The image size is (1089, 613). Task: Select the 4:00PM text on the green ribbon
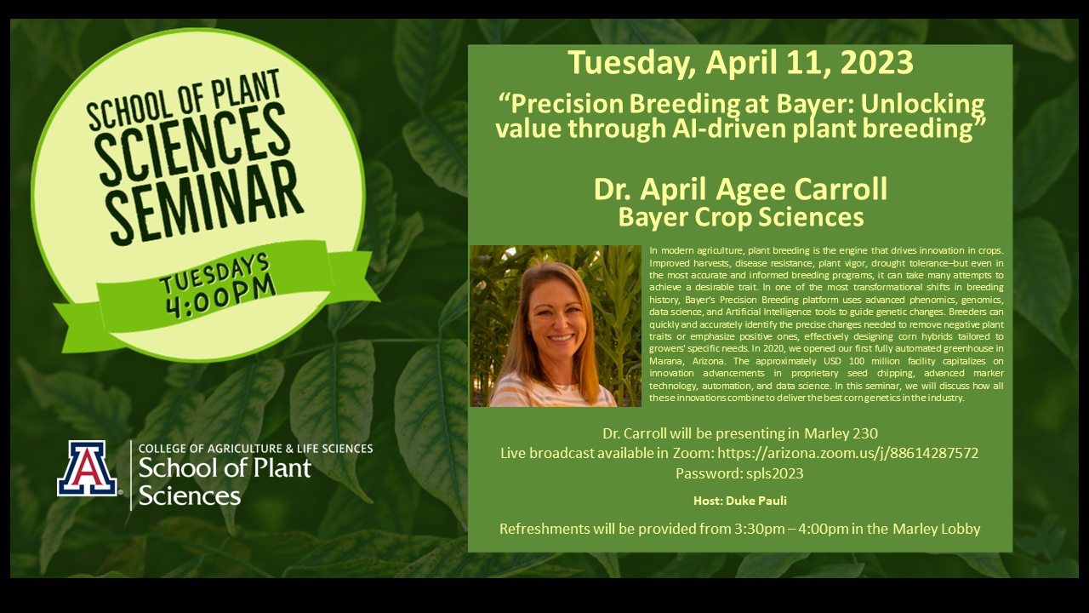(221, 298)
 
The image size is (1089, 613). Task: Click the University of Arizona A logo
(88, 468)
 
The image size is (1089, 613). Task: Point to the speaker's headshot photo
(556, 326)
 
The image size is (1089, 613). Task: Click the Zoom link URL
(848, 453)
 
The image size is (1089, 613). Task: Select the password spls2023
(774, 473)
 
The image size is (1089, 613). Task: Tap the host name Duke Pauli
(756, 501)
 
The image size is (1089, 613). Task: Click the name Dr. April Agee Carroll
(740, 189)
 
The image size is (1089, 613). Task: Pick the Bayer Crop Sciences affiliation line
(741, 217)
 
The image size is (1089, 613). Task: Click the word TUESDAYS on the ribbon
(214, 273)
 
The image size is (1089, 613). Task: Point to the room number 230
(864, 433)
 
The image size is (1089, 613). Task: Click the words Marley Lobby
(937, 529)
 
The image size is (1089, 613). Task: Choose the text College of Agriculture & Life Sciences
(256, 449)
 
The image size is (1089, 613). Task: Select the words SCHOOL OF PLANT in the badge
(184, 100)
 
